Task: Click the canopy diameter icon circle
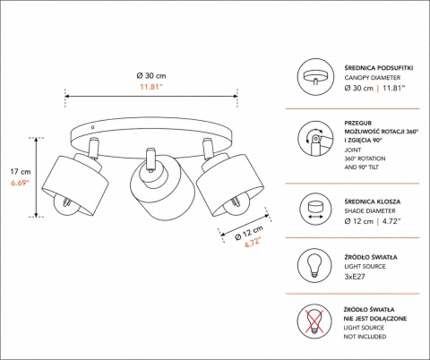pos(314,76)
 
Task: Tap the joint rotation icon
pos(314,138)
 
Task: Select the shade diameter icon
pos(314,209)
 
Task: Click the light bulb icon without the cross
pos(314,265)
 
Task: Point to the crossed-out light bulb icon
pos(314,321)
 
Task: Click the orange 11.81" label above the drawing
pos(151,87)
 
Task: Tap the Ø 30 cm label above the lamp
pos(151,76)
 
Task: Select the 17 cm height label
pos(21,172)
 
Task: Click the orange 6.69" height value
pos(21,183)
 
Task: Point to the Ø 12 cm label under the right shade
pos(249,233)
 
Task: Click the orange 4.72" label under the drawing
pos(253,242)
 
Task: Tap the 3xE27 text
pos(355,277)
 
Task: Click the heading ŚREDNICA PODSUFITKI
pos(379,68)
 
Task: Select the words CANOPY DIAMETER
pos(373,78)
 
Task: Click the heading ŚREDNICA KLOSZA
pos(373,201)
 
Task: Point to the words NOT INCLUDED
pos(365,337)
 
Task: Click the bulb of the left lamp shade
pos(65,205)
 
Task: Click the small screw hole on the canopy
pos(92,127)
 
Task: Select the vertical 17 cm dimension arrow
pos(36,177)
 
